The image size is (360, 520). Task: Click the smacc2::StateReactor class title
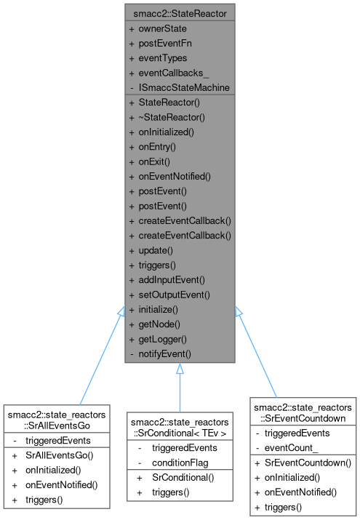coord(180,13)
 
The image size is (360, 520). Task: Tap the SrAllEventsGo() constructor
coord(60,455)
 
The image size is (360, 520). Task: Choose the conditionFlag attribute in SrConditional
coord(179,462)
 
